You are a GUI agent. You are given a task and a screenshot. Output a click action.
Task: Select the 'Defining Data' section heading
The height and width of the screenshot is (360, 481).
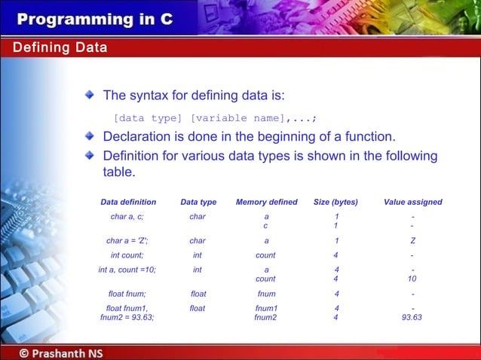point(60,48)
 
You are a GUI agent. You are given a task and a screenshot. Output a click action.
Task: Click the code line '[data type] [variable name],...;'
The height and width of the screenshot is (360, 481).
point(215,118)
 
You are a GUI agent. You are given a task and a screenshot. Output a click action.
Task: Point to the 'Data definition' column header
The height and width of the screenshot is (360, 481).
point(128,202)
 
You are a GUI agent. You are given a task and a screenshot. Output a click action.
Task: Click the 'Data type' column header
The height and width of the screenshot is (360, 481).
point(198,202)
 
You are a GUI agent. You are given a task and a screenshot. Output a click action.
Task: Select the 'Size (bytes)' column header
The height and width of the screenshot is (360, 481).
point(335,202)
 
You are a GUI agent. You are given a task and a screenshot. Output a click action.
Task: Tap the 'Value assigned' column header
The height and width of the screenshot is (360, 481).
point(412,202)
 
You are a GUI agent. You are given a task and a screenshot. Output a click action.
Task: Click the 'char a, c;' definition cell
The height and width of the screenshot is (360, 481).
point(127,217)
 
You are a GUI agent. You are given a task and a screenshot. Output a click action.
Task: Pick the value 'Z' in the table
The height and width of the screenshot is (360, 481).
point(412,241)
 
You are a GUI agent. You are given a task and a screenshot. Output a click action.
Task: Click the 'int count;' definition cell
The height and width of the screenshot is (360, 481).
point(127,255)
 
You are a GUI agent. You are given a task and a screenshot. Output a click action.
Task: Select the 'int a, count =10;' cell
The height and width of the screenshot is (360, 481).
point(127,270)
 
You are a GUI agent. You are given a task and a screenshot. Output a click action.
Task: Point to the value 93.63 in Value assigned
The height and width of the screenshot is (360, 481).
point(412,317)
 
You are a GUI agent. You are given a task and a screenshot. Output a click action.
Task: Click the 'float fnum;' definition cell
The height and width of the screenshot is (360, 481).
point(127,294)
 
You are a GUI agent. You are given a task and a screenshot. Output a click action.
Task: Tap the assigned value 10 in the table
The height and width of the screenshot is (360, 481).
point(412,279)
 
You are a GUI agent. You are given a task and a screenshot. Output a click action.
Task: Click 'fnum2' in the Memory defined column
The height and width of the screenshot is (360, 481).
point(265,317)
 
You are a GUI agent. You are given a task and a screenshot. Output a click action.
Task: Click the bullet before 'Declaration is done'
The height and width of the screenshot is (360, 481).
point(90,136)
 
